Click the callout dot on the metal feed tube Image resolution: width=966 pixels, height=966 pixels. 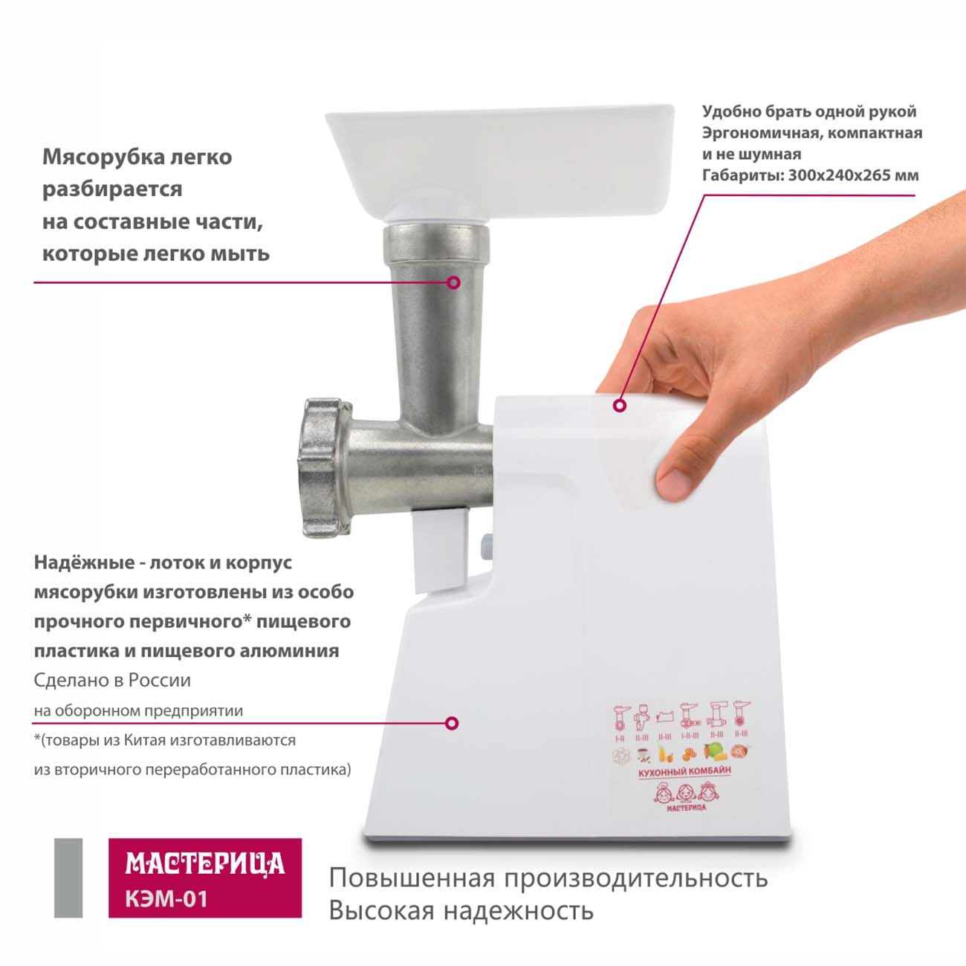(x=454, y=282)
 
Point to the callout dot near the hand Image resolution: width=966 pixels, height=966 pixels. (x=620, y=406)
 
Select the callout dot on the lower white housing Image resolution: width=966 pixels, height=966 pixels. (x=453, y=723)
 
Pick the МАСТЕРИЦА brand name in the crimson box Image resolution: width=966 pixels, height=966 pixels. (x=205, y=863)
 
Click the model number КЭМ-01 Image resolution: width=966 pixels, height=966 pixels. (x=166, y=898)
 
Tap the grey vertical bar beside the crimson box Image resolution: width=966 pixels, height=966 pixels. (x=68, y=878)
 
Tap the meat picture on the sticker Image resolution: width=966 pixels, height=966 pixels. (x=739, y=751)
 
